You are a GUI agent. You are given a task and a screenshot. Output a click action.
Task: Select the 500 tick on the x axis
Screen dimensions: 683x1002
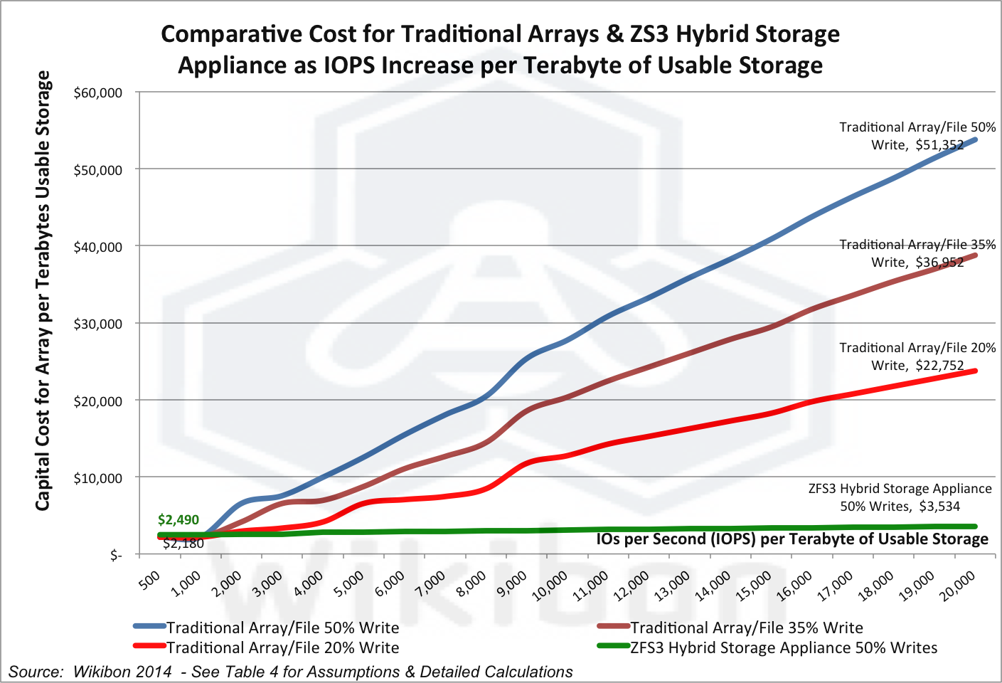(150, 581)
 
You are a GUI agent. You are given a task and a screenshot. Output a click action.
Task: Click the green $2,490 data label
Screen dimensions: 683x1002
(178, 520)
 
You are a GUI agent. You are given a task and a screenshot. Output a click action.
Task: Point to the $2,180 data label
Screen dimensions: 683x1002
(183, 544)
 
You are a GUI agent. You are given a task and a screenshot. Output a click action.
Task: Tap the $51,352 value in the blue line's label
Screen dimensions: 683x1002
(939, 145)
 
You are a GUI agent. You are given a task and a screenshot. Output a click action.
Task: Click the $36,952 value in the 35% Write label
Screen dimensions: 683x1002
(939, 263)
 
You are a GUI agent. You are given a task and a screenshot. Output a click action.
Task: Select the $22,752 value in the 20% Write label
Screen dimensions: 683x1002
(939, 366)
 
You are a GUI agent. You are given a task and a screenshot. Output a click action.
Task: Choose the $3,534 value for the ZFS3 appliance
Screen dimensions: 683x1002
(939, 507)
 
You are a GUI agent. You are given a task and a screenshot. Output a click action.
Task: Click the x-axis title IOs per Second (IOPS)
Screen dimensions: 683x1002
(675, 539)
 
